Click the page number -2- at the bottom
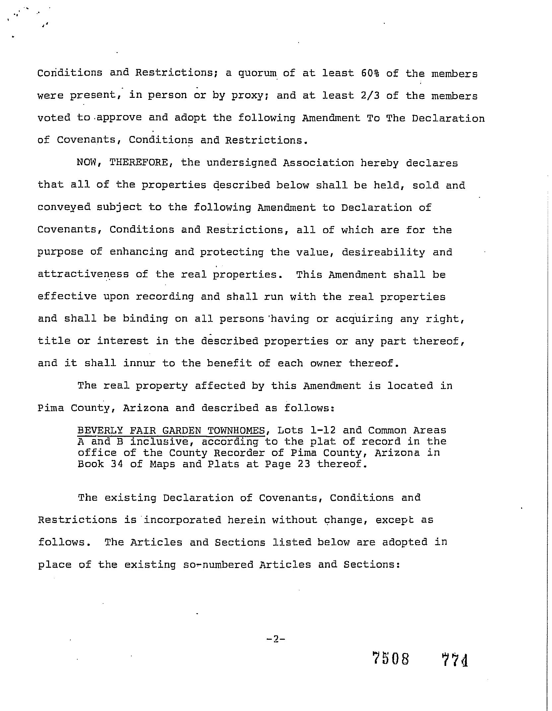tap(276, 639)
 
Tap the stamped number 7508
tap(391, 659)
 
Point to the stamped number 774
tap(455, 659)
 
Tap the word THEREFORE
tap(141, 162)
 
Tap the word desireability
tap(383, 252)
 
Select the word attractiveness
tap(83, 274)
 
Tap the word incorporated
tap(182, 520)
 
